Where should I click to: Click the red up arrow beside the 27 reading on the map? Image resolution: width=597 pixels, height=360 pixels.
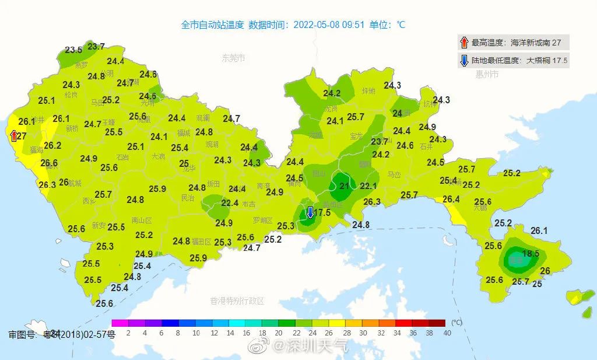(x=14, y=136)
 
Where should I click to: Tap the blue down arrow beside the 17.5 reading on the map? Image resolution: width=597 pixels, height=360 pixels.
(x=310, y=212)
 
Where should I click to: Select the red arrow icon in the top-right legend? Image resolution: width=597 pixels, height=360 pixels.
(x=464, y=42)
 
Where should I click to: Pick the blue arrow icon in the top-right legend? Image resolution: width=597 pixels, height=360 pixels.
(x=464, y=60)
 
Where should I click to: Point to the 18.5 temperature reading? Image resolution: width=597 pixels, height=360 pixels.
(x=531, y=254)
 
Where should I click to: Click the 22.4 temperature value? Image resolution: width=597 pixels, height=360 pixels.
(x=230, y=203)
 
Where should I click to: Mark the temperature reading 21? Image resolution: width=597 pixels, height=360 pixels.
(x=344, y=186)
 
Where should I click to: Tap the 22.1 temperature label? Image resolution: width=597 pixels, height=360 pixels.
(x=368, y=186)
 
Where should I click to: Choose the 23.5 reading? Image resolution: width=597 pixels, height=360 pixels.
(x=73, y=50)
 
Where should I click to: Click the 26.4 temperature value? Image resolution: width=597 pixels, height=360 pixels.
(x=451, y=199)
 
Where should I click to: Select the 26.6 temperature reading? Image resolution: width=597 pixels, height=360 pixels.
(x=49, y=163)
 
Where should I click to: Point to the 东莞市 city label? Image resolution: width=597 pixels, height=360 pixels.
(x=233, y=58)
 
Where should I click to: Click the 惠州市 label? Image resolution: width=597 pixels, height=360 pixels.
(x=487, y=74)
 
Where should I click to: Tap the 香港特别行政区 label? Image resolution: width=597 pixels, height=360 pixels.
(x=237, y=301)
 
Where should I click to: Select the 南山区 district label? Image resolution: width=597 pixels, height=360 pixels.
(x=142, y=221)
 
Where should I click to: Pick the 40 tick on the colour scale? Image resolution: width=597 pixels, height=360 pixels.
(x=447, y=333)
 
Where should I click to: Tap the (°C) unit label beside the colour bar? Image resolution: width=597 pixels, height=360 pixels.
(x=456, y=323)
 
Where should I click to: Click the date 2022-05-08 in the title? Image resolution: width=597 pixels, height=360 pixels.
(x=320, y=25)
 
